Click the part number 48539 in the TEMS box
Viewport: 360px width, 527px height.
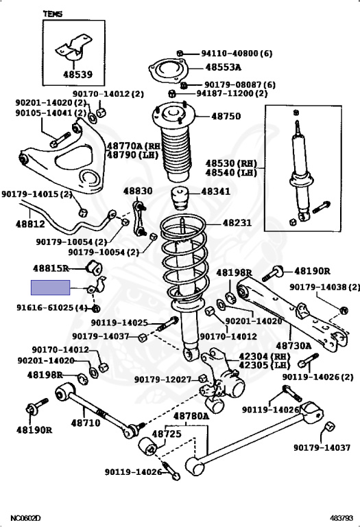click(77, 74)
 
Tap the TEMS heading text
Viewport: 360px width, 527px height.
click(53, 14)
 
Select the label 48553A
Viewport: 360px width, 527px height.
click(223, 67)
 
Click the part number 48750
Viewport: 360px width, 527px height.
click(226, 116)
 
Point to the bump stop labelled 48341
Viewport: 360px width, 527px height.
click(180, 198)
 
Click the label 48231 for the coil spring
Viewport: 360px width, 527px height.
click(237, 222)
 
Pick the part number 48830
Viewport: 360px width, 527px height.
click(138, 191)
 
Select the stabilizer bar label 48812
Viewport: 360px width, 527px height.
click(30, 224)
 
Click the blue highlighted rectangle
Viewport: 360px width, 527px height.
click(50, 288)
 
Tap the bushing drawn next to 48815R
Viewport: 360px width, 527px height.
click(95, 267)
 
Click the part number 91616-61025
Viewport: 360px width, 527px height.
click(45, 307)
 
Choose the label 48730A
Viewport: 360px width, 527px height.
click(293, 346)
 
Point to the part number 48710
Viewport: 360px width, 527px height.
click(86, 423)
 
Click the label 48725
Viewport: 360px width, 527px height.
click(167, 434)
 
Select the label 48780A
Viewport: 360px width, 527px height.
click(191, 416)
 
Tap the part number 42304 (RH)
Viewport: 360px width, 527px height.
click(263, 356)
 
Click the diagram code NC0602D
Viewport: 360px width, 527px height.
click(26, 518)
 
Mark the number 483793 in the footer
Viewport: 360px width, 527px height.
click(341, 518)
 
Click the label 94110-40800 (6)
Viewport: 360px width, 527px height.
click(237, 53)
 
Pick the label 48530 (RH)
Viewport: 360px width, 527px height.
click(231, 163)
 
